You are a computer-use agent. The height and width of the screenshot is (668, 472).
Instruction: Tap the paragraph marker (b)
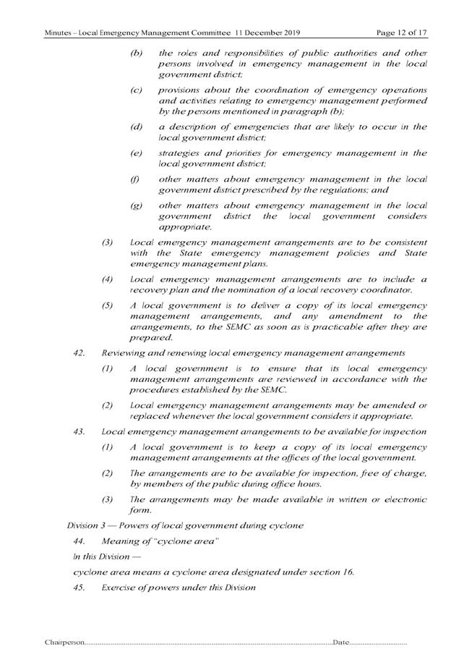(x=137, y=53)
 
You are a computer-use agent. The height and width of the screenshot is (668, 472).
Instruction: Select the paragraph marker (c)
(x=137, y=90)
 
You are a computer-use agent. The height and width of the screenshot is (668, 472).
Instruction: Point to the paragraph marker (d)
(x=137, y=127)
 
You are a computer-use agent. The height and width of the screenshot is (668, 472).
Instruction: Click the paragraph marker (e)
(x=137, y=153)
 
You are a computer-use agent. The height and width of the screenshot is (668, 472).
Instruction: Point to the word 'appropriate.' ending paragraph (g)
(x=184, y=227)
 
